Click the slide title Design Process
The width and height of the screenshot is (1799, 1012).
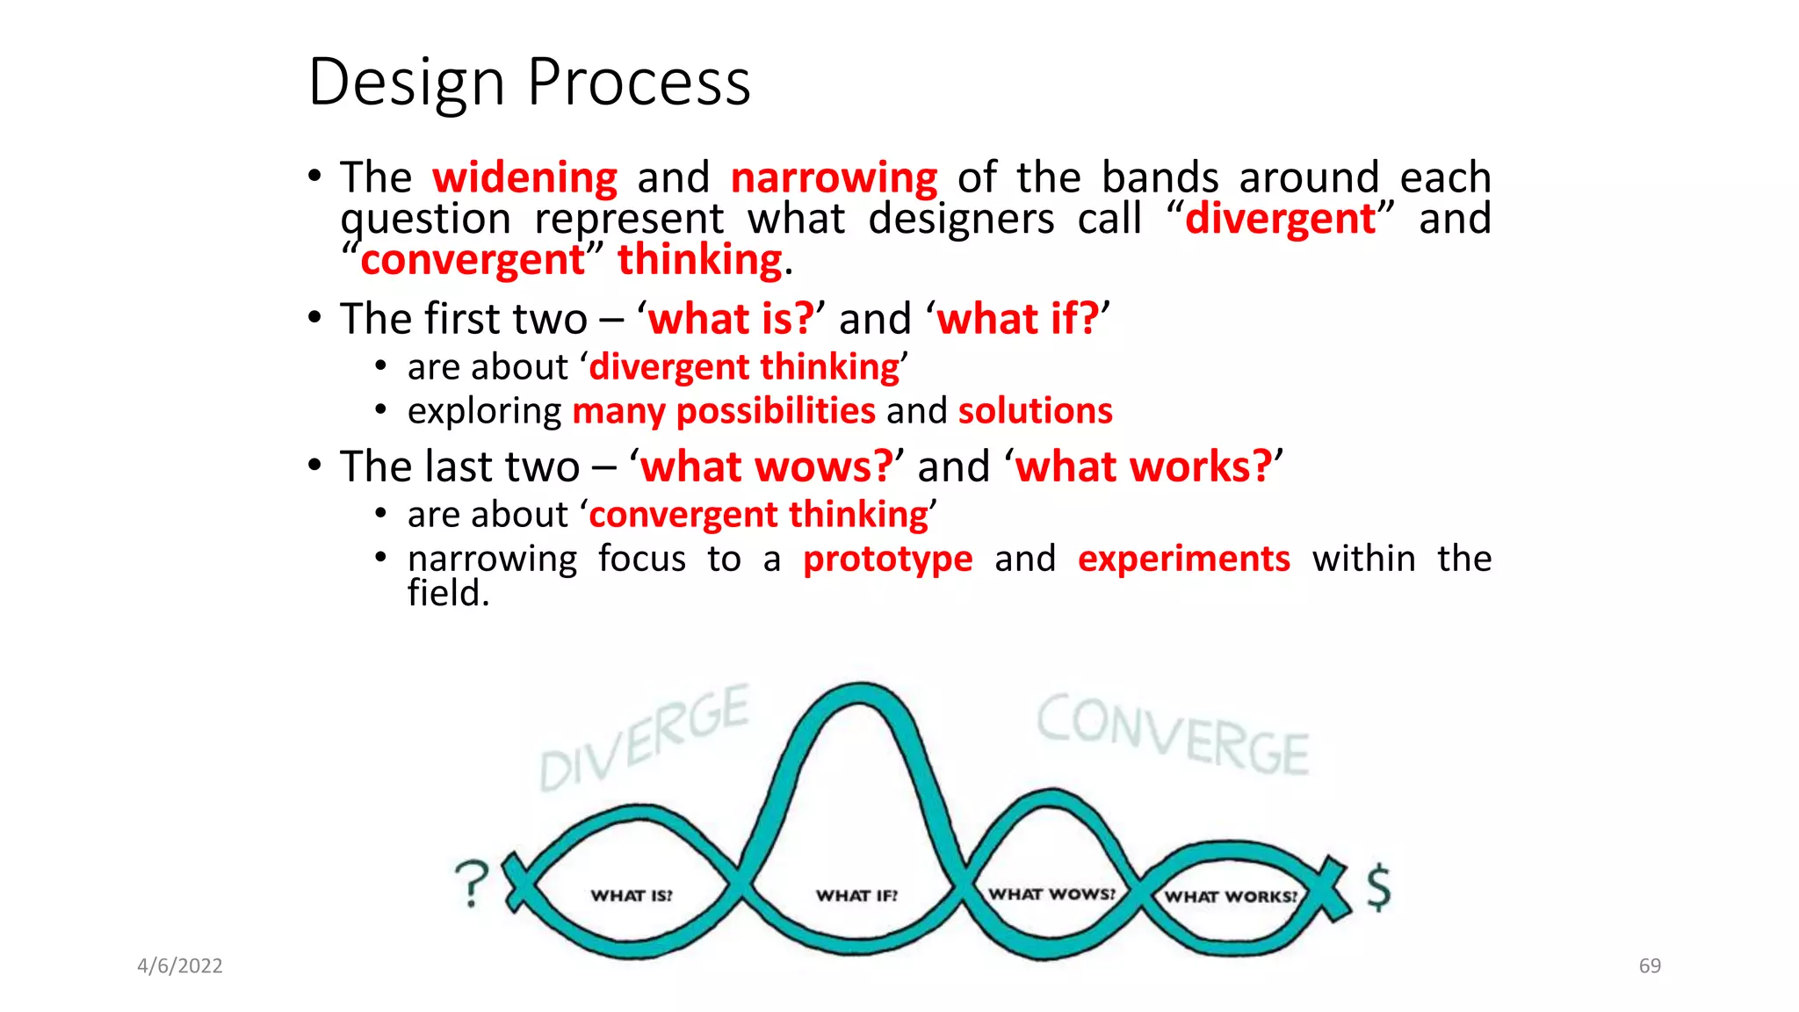(530, 83)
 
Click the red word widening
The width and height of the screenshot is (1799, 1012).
(524, 178)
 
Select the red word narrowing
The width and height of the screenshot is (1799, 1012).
(834, 178)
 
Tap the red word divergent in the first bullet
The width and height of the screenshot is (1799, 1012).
(1280, 219)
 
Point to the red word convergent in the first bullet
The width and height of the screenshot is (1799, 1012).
(473, 260)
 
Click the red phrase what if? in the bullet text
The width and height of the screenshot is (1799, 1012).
(1017, 318)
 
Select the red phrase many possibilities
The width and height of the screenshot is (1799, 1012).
(724, 411)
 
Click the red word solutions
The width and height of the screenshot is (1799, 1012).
(1035, 411)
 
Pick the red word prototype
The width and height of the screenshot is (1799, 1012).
(887, 559)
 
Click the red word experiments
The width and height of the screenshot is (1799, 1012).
(1183, 559)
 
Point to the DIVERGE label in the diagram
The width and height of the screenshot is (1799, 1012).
(644, 739)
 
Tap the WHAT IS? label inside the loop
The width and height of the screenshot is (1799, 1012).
(631, 896)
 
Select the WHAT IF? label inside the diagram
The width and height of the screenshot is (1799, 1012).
(856, 896)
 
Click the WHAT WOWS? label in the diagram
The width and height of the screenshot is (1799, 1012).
(1051, 894)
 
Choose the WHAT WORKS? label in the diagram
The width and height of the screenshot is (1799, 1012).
(1230, 897)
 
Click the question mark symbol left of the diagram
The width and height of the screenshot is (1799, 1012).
(473, 883)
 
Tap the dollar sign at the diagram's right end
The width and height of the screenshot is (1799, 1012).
(1378, 886)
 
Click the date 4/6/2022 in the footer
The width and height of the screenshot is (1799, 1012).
(180, 966)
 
